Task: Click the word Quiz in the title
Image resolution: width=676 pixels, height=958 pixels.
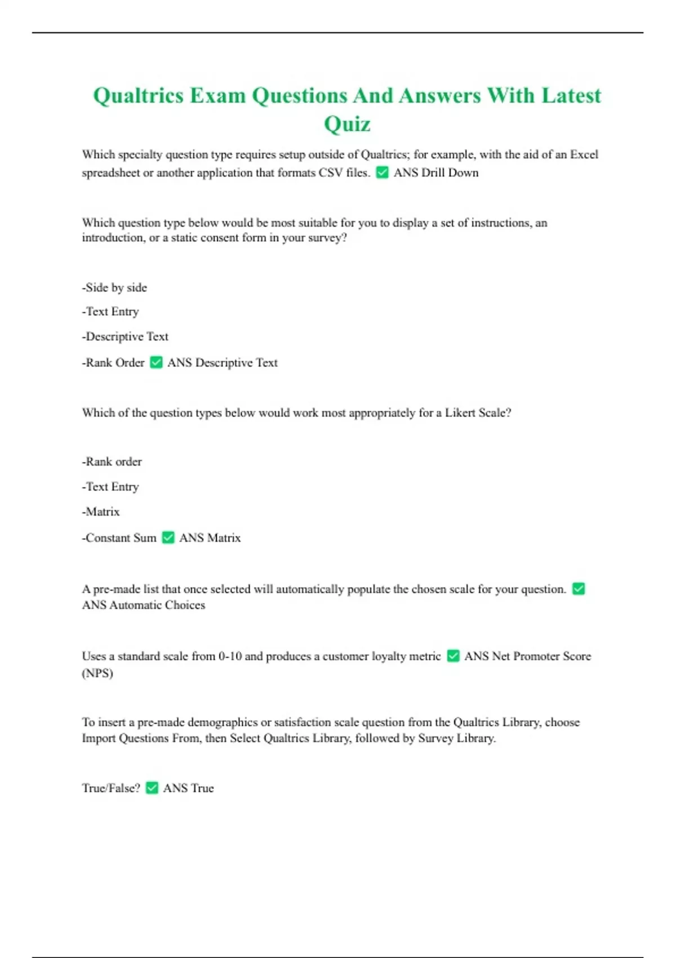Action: [347, 124]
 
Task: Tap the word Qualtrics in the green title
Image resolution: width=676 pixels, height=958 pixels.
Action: [138, 96]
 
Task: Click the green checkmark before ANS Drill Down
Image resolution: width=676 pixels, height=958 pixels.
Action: [382, 172]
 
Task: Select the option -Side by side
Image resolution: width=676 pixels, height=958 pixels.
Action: [114, 287]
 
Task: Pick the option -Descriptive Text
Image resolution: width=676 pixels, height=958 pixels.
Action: [125, 336]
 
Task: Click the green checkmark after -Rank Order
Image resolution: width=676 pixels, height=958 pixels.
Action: [156, 362]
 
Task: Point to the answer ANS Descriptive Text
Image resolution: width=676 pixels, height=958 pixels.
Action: [223, 362]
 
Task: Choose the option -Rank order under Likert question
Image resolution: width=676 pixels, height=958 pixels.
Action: [112, 462]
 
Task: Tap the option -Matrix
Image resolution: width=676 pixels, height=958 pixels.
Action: [101, 512]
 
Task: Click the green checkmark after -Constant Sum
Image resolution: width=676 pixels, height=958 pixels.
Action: [168, 538]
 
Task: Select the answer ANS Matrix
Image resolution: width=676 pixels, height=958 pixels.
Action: [210, 538]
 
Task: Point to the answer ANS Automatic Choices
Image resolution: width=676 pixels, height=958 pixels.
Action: [144, 605]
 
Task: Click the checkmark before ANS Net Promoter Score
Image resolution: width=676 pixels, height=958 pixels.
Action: [453, 656]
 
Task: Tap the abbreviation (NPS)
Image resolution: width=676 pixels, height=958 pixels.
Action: [97, 673]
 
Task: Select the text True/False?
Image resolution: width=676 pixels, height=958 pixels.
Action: [111, 788]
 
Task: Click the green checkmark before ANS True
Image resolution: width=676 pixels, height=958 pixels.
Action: [152, 788]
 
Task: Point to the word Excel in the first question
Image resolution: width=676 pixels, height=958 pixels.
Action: [584, 154]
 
